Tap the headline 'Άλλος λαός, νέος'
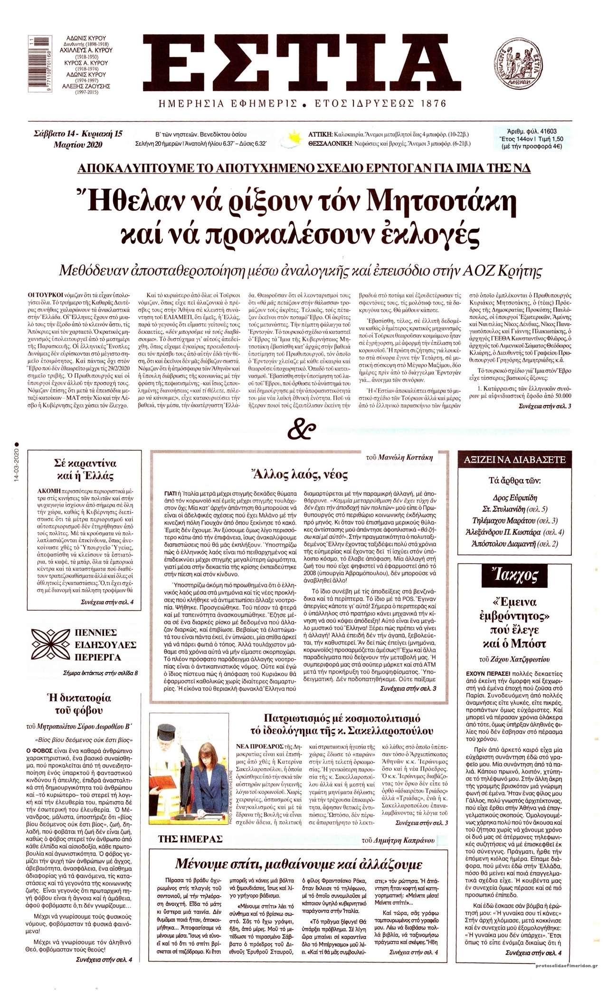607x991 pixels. (302, 475)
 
